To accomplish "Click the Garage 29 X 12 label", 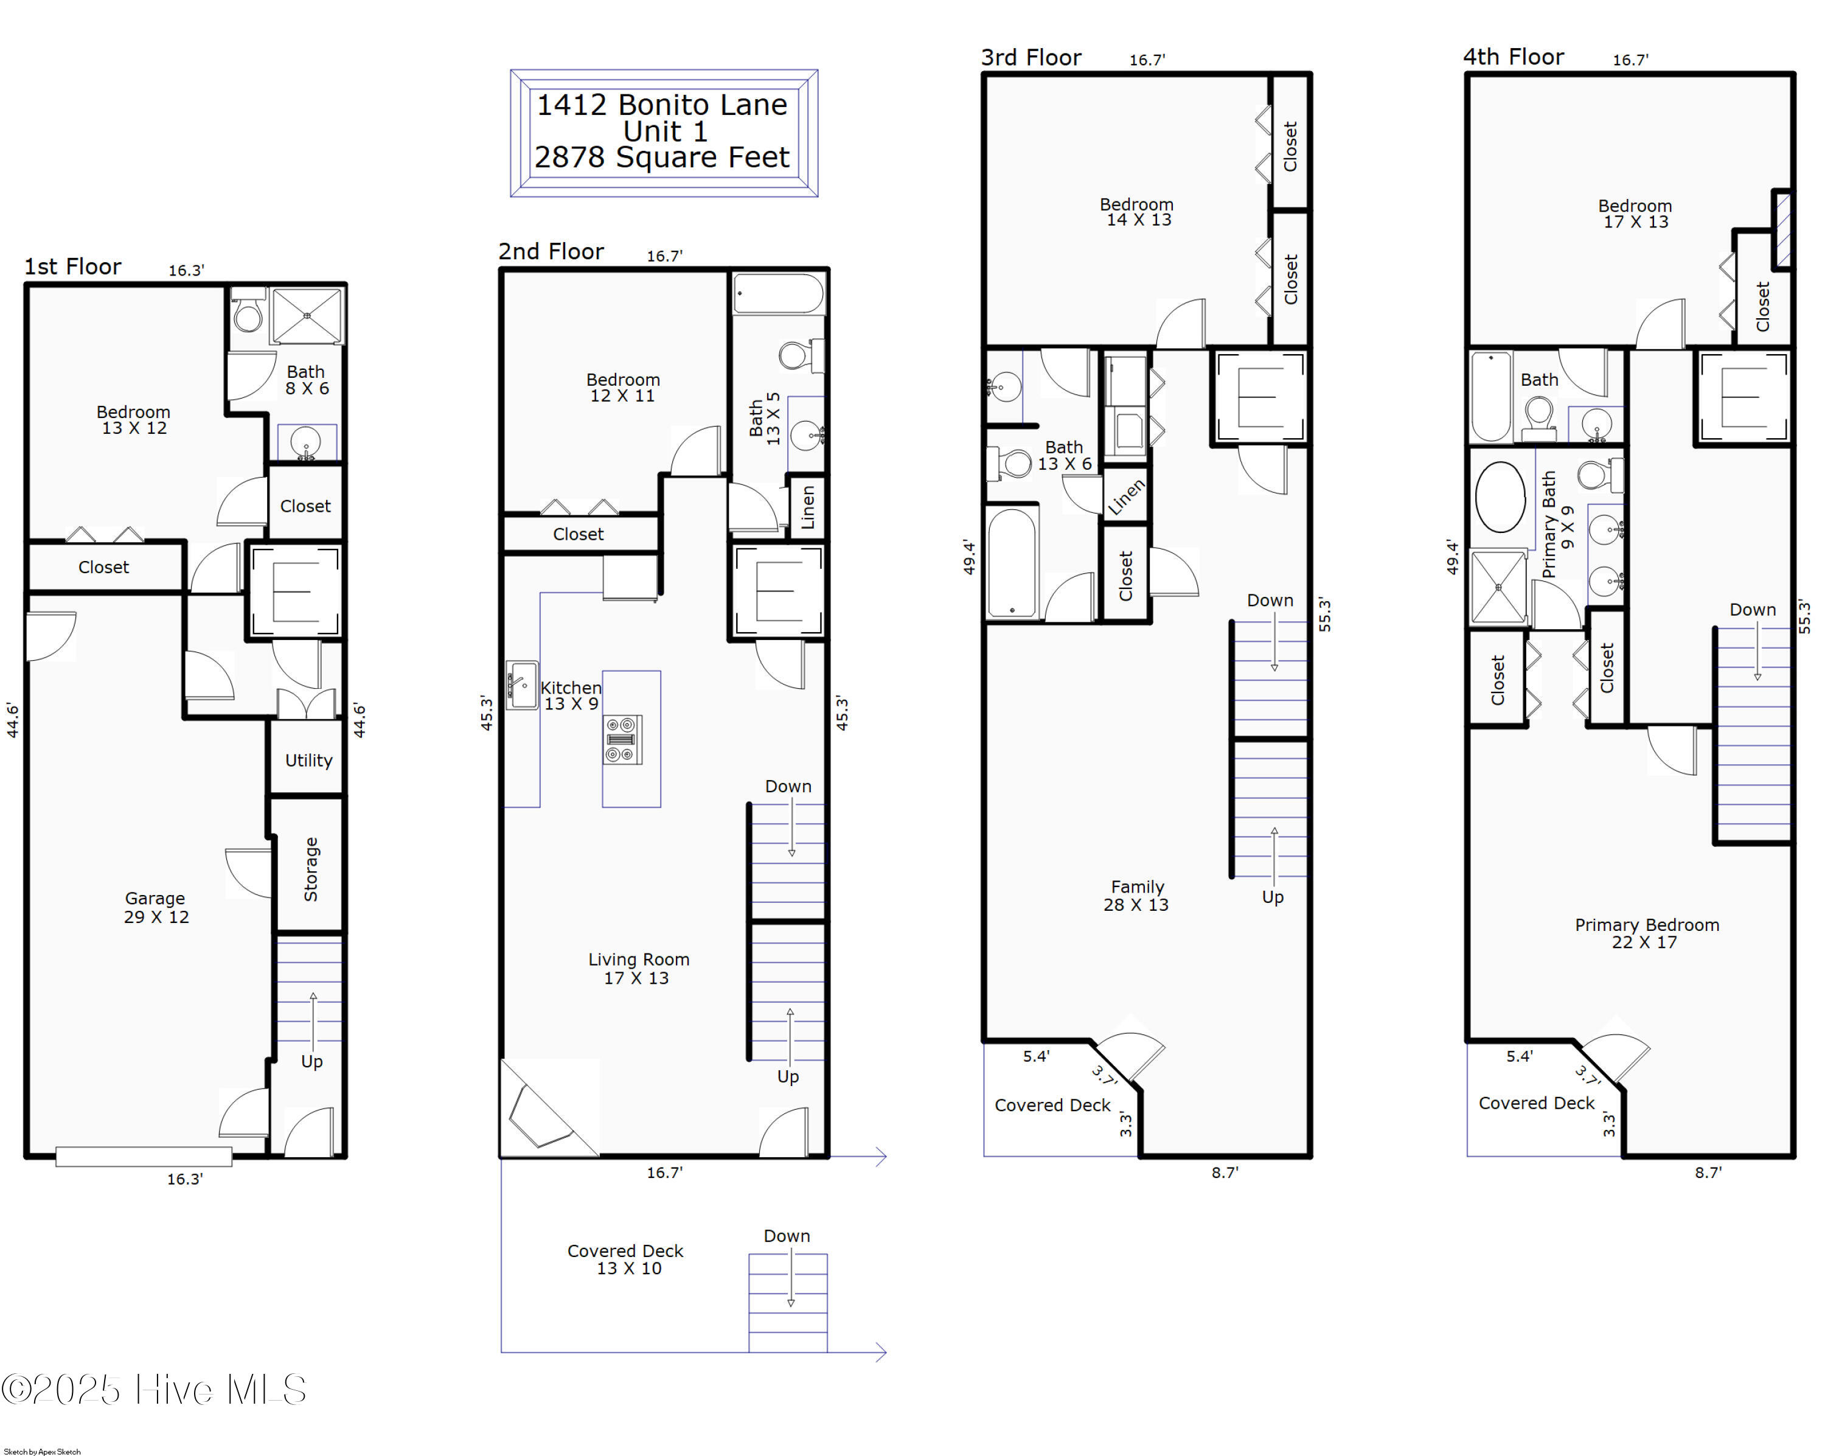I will pyautogui.click(x=156, y=907).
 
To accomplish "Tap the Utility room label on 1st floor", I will pyautogui.click(x=308, y=760).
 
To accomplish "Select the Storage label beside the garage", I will pyautogui.click(x=311, y=869).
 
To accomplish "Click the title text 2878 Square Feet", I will pyautogui.click(x=661, y=158).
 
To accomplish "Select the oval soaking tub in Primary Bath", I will pyautogui.click(x=1500, y=497).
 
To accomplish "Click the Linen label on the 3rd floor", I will pyautogui.click(x=1127, y=497).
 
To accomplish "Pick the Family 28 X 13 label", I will pyautogui.click(x=1136, y=896).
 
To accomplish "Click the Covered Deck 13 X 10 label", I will pyautogui.click(x=625, y=1259).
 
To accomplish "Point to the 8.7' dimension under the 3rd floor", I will pyautogui.click(x=1224, y=1172).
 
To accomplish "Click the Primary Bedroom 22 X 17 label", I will pyautogui.click(x=1646, y=933).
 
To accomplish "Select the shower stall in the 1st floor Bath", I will pyautogui.click(x=307, y=316).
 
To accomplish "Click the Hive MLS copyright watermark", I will pyautogui.click(x=154, y=1389).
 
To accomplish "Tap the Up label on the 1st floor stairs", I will pyautogui.click(x=311, y=1062).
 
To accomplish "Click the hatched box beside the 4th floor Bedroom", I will pyautogui.click(x=1782, y=229).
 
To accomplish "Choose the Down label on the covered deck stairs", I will pyautogui.click(x=787, y=1236).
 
